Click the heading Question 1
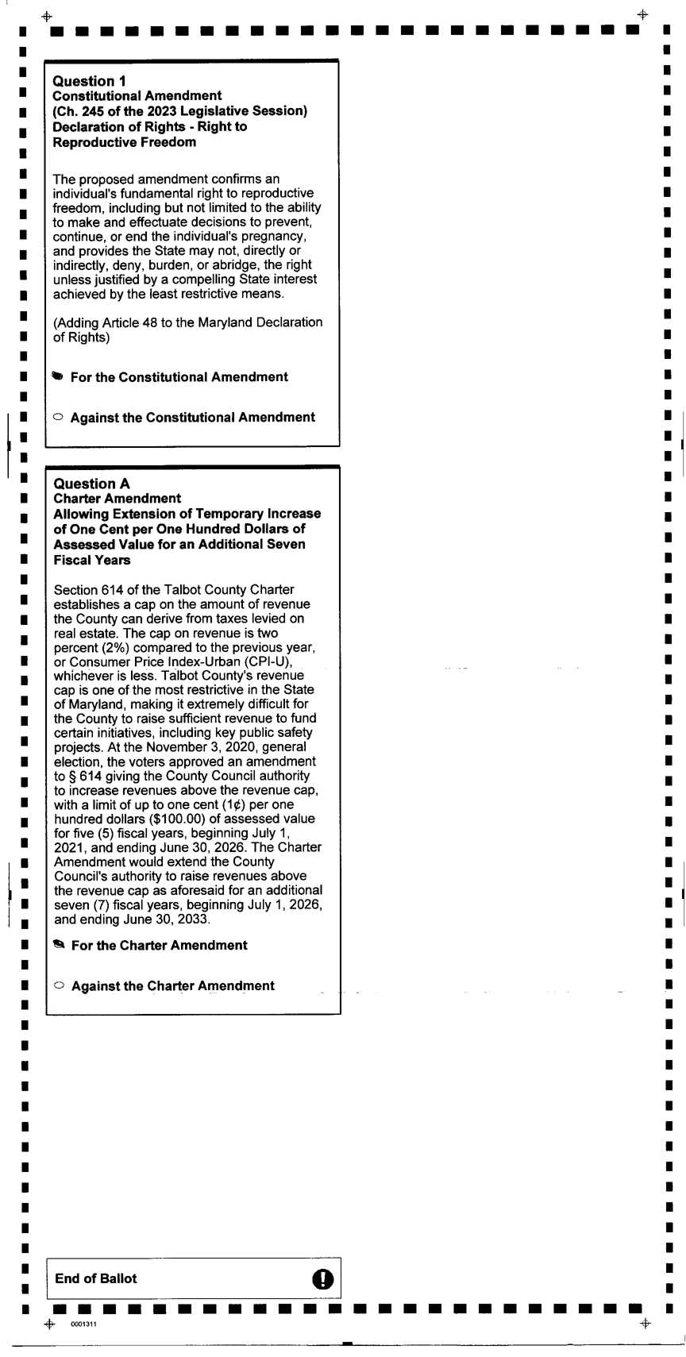pos(89,81)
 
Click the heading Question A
pos(91,484)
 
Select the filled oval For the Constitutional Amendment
pos(57,376)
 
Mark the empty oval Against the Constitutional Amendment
pos(57,417)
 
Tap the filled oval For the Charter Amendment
pos(58,944)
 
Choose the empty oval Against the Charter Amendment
pos(59,985)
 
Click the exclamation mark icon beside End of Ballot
pos(323,1278)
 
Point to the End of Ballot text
pos(95,1278)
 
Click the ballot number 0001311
pos(83,1324)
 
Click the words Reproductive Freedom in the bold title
pos(124,142)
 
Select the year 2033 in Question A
pos(194,919)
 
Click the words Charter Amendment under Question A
pos(117,499)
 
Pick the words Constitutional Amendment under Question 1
pos(137,96)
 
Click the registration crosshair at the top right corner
pos(642,15)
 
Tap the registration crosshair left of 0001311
pos(49,1324)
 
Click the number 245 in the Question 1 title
pos(94,111)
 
